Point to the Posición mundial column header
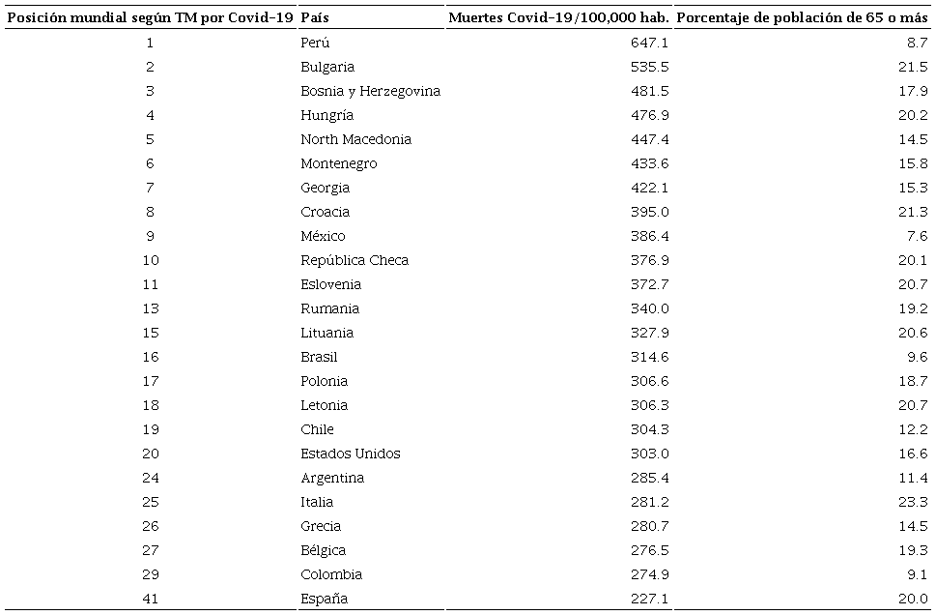click(x=150, y=18)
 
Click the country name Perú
click(x=315, y=43)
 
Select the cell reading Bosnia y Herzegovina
click(x=370, y=91)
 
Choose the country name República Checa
click(x=355, y=260)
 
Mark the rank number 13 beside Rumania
click(x=150, y=308)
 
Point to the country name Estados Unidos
click(x=350, y=454)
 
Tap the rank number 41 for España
click(x=150, y=599)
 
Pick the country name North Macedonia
click(x=355, y=139)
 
